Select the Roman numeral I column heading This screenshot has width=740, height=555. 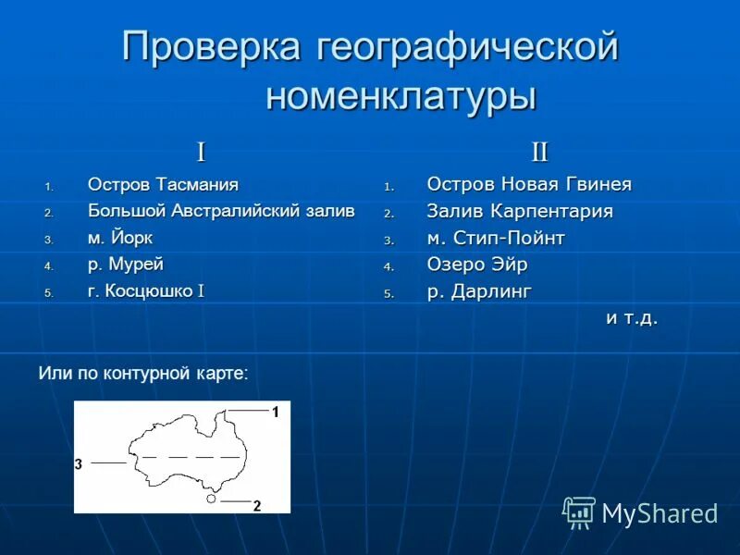click(x=200, y=152)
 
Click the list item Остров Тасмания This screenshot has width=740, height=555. click(x=163, y=184)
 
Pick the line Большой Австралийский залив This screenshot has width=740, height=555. click(x=221, y=211)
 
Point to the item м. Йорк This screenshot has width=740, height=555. click(x=120, y=238)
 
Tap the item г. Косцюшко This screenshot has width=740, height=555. click(x=146, y=290)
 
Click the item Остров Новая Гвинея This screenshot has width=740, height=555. click(x=529, y=184)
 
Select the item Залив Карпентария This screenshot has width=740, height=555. click(x=520, y=211)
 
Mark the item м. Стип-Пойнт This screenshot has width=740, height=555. click(x=496, y=238)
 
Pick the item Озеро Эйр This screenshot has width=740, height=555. click(x=477, y=265)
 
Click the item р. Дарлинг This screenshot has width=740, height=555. click(x=479, y=291)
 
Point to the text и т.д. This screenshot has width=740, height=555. click(x=632, y=317)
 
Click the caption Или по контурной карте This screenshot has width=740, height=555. click(x=143, y=374)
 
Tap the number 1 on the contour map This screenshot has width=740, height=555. click(x=275, y=412)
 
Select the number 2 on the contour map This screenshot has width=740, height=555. click(x=257, y=505)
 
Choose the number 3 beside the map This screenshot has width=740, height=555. click(x=80, y=463)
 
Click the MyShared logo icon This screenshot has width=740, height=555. click(x=580, y=512)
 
